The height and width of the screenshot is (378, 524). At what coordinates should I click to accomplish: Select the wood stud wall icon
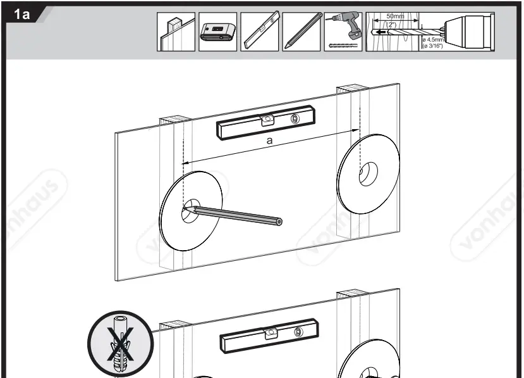click(176, 32)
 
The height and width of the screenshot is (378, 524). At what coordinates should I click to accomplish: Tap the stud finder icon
click(217, 32)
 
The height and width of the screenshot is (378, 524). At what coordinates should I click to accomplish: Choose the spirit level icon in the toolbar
click(259, 32)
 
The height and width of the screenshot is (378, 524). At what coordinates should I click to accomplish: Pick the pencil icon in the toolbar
click(301, 32)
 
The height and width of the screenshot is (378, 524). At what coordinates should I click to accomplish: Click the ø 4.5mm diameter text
click(433, 39)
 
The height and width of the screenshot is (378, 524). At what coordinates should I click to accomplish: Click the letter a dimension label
click(269, 141)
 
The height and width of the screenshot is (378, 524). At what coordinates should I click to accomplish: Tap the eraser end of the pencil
click(279, 222)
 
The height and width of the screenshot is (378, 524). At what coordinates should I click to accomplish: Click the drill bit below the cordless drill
click(344, 46)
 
